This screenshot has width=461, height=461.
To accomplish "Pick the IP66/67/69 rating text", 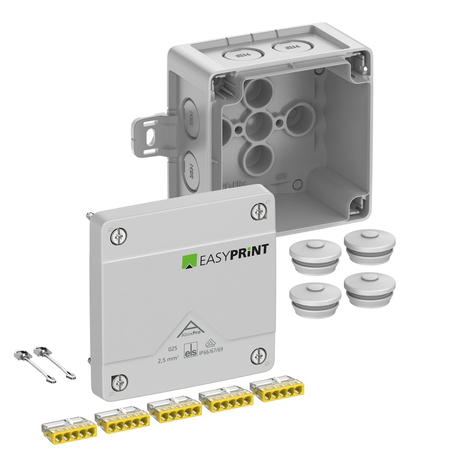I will click(x=220, y=356).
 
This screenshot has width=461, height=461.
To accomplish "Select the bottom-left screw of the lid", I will click(x=117, y=381).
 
